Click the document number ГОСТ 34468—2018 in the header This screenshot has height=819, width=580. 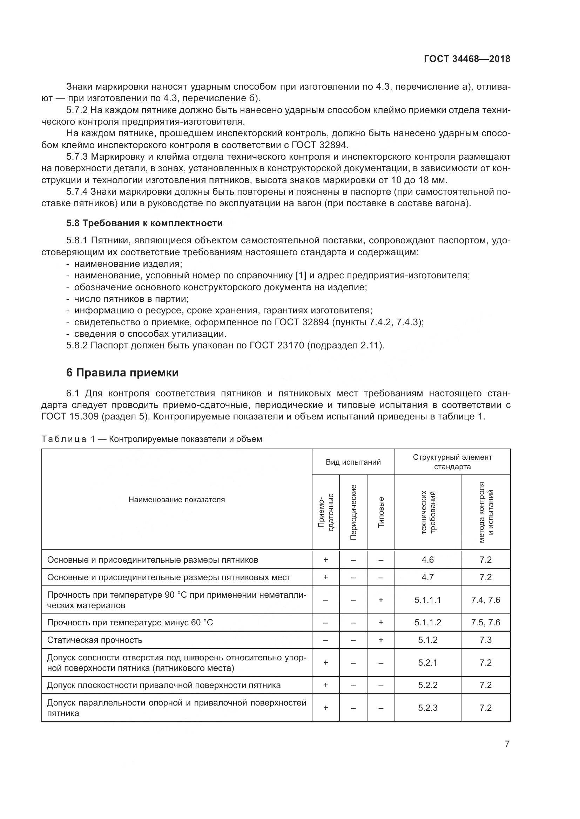[x=467, y=59]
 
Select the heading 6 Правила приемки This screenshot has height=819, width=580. [x=122, y=373]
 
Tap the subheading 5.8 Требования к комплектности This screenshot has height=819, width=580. [x=144, y=223]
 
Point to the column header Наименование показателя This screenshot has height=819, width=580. [x=176, y=500]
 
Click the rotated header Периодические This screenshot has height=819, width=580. [x=353, y=512]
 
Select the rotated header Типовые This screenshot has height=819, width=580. [x=381, y=512]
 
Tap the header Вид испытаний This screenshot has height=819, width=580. [x=353, y=462]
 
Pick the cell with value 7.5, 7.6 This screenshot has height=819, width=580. [x=485, y=623]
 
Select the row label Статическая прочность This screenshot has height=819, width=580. [x=95, y=640]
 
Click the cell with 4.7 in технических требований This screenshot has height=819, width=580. [x=427, y=577]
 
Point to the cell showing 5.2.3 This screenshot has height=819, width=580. [x=427, y=708]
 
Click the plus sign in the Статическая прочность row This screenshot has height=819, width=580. [x=381, y=640]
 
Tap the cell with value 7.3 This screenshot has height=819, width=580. [x=485, y=640]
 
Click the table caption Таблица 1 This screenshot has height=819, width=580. [x=64, y=439]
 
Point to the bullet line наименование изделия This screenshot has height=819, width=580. [x=128, y=264]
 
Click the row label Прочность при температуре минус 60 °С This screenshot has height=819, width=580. [x=130, y=623]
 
